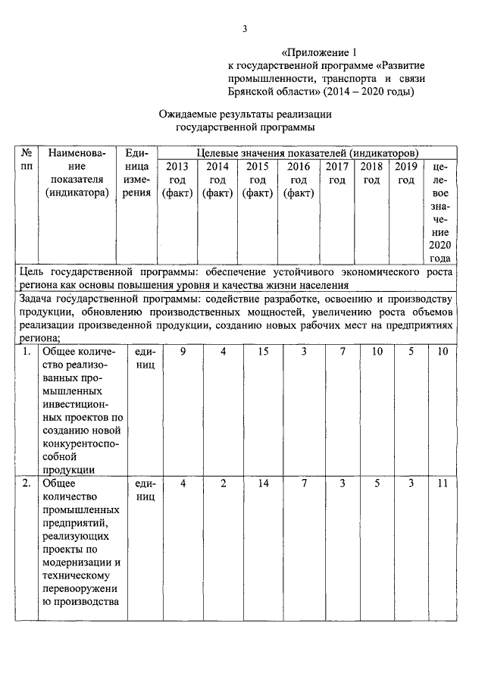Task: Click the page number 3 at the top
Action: tap(244, 29)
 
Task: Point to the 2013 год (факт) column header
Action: tap(177, 180)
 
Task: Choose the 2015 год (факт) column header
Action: tap(258, 180)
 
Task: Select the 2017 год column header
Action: tap(338, 173)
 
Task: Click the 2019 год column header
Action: tap(407, 173)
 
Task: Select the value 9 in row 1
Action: tap(183, 352)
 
